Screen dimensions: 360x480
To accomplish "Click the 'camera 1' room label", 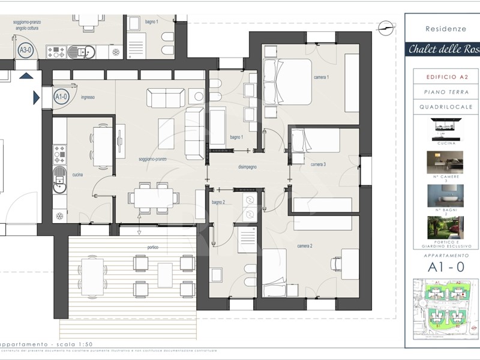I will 322,78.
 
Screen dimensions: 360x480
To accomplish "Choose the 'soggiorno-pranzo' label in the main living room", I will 153,160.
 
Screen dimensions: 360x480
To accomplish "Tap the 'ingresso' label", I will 88,97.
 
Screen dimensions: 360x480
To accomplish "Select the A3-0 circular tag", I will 26,50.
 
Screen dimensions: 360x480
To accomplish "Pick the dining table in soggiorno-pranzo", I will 153,197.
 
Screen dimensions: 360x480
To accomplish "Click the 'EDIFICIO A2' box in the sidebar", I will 442,77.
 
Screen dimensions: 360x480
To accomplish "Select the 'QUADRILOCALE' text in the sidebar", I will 442,107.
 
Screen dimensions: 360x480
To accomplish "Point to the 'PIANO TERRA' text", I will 442,92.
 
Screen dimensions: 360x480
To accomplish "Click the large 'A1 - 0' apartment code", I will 442,268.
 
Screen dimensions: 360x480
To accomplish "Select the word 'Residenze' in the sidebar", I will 442,28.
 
